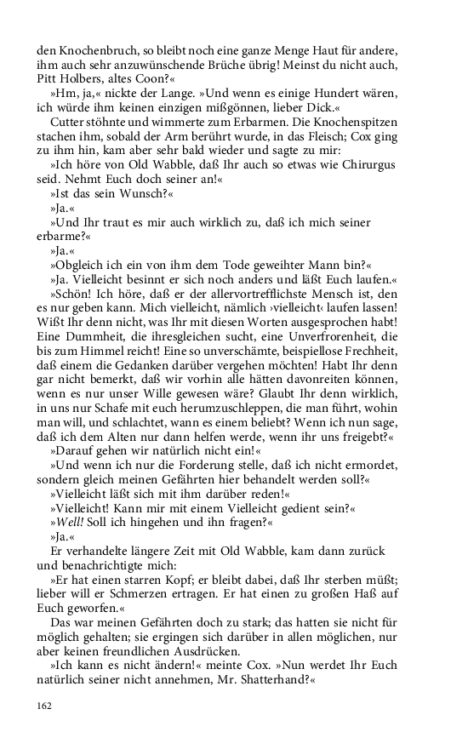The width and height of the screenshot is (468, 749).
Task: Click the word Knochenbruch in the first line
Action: (93, 51)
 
